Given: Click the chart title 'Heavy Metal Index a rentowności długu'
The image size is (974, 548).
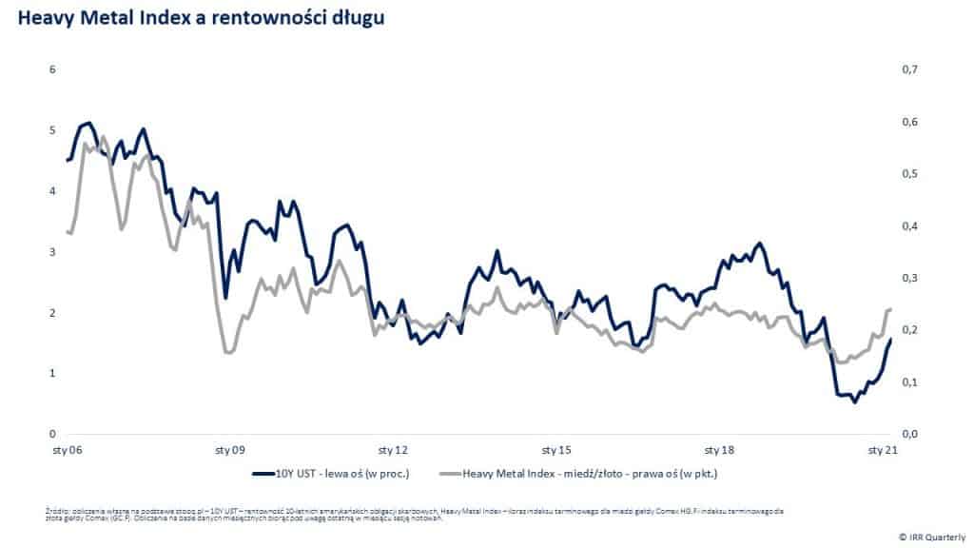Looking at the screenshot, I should pyautogui.click(x=200, y=18).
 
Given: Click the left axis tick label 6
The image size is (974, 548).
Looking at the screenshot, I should pyautogui.click(x=53, y=69).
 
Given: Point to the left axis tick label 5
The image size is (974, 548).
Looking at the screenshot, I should pyautogui.click(x=53, y=130).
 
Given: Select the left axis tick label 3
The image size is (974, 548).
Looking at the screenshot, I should pyautogui.click(x=53, y=252).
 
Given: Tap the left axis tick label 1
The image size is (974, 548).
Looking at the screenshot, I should pyautogui.click(x=53, y=374).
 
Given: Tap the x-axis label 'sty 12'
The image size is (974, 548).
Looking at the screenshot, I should pyautogui.click(x=393, y=449).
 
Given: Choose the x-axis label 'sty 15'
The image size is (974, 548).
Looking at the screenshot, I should pyautogui.click(x=556, y=449).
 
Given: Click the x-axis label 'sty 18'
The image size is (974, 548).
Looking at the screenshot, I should pyautogui.click(x=719, y=449).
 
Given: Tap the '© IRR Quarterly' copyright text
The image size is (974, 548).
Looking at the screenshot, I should pyautogui.click(x=932, y=535).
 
